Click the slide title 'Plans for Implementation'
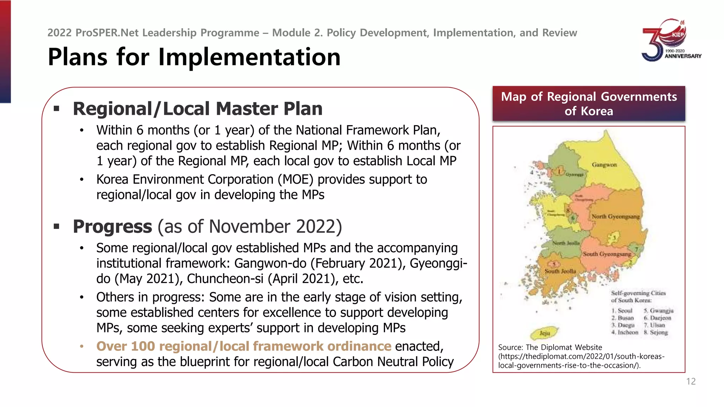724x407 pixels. (194, 57)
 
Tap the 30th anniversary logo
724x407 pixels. (671, 40)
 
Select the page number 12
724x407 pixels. (691, 382)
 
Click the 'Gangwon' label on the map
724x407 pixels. (604, 165)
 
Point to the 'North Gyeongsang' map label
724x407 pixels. (615, 216)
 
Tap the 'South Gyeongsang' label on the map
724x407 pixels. (607, 254)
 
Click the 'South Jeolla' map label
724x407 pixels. (560, 271)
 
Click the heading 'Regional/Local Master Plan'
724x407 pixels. (198, 108)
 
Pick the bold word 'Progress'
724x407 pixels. (112, 226)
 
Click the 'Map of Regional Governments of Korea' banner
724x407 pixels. (589, 104)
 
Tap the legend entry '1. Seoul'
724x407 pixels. (622, 311)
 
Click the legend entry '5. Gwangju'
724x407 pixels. (658, 311)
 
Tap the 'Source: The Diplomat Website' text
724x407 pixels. (550, 347)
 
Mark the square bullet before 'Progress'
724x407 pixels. (57, 226)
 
